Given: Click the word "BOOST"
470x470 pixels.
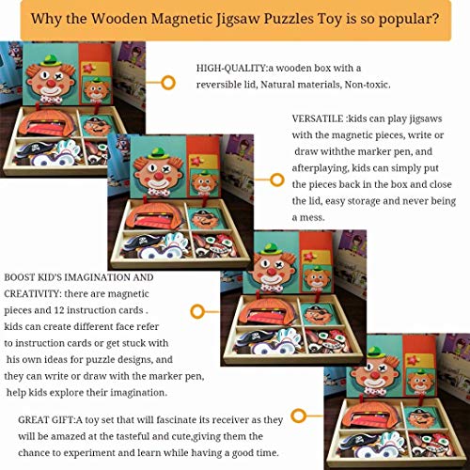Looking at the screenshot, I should pos(22,278).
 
